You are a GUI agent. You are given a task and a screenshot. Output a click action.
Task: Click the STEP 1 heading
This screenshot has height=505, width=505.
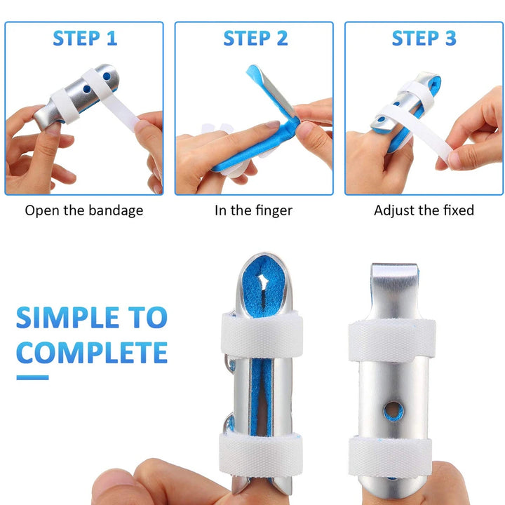(84, 39)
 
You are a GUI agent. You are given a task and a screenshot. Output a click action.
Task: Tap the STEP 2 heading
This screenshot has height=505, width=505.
(255, 39)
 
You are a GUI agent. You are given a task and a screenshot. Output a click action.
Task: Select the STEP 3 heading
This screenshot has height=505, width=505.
(424, 39)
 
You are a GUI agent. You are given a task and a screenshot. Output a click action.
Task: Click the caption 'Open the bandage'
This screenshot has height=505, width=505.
(84, 210)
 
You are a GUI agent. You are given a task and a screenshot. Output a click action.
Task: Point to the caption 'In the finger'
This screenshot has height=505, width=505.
(253, 210)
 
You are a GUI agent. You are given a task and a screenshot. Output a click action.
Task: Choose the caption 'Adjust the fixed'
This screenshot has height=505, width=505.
(424, 210)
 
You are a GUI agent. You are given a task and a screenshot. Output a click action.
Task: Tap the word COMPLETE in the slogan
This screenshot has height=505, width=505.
(92, 352)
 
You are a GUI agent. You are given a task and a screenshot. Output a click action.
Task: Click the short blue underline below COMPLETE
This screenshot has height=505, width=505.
(32, 377)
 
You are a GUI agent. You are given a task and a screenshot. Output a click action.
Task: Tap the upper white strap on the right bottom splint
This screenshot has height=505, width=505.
(393, 340)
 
